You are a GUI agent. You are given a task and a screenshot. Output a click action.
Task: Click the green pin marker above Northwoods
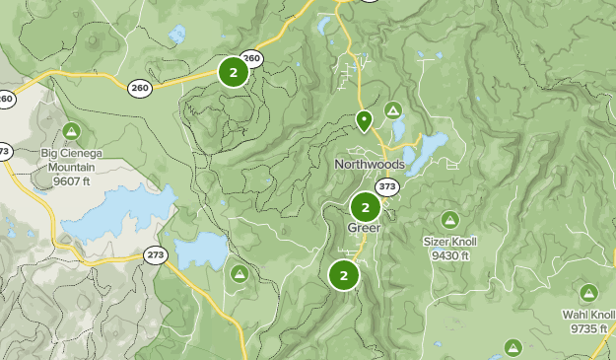[x=364, y=120]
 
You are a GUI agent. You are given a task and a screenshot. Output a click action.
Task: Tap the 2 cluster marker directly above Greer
[x=365, y=208]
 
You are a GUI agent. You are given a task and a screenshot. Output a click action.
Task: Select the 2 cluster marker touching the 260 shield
[x=233, y=72]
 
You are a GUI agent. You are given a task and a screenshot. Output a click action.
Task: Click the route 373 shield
[x=387, y=186]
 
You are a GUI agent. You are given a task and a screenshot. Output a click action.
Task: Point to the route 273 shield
[x=156, y=254]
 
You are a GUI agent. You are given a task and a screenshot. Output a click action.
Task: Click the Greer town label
[x=364, y=228]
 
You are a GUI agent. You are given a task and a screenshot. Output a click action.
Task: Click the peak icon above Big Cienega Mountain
[x=71, y=131]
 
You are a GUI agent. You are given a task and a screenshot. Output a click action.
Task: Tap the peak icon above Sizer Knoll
[x=450, y=219]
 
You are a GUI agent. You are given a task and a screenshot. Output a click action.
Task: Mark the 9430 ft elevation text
[x=449, y=255]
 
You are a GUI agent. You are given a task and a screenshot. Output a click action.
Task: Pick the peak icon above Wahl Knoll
[x=588, y=293]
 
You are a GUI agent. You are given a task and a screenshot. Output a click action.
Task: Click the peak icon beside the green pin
[x=393, y=109]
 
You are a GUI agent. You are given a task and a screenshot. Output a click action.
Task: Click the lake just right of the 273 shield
[x=202, y=251]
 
